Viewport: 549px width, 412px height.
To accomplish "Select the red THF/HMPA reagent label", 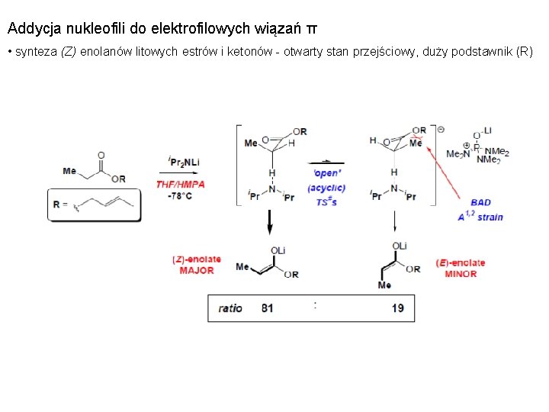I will [x=180, y=184].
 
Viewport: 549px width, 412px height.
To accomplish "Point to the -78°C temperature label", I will [x=179, y=195].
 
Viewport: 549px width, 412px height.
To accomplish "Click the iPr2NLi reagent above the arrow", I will [x=184, y=162].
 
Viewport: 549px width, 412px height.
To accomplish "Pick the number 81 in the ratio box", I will [x=267, y=308].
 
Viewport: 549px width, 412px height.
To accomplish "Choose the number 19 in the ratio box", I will [x=397, y=308].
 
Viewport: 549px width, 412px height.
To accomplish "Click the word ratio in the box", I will [x=230, y=308].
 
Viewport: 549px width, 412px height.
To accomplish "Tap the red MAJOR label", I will [x=197, y=270].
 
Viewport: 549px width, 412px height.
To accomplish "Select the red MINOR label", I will [x=461, y=273].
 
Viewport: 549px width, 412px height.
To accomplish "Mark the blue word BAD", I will [x=481, y=203].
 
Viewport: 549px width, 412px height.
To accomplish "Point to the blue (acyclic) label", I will [x=326, y=188].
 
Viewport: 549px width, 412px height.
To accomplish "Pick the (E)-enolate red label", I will [x=461, y=262].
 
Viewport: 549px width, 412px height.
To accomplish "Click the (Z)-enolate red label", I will [x=197, y=259].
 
